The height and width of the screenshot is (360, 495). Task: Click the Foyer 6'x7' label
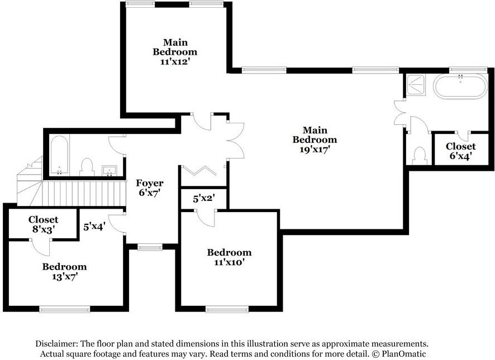coord(150,188)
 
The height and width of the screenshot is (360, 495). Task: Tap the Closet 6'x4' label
coord(460,151)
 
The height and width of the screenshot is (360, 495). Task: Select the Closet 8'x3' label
coord(43,224)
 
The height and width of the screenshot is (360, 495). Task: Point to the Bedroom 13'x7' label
coord(64,271)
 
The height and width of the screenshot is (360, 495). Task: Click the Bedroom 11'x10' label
coord(229,257)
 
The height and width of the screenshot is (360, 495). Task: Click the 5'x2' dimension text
coord(203,198)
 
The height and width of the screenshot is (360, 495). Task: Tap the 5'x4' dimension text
coord(94,227)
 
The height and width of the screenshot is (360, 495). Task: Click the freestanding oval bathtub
coord(461,87)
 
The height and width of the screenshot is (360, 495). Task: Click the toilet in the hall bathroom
coord(87,166)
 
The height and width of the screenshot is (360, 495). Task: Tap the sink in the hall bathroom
coord(109,170)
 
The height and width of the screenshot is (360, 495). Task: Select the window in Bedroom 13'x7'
coord(64,308)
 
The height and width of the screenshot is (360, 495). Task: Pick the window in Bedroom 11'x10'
coord(227,308)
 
